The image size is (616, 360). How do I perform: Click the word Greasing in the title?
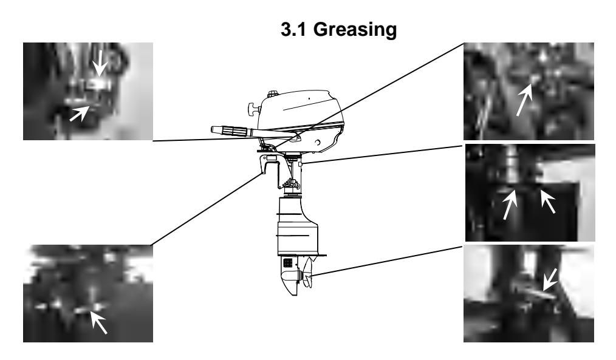(x=355, y=30)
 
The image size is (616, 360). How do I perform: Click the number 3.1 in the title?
(x=293, y=30)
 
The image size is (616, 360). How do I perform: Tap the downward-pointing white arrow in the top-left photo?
(x=100, y=63)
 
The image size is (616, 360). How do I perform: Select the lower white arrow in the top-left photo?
(x=80, y=113)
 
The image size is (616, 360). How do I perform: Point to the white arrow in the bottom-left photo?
(x=98, y=322)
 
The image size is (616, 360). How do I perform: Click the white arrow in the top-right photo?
(x=524, y=101)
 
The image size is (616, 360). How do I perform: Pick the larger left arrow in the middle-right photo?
(x=510, y=204)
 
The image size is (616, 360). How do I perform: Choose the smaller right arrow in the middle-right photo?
(x=548, y=202)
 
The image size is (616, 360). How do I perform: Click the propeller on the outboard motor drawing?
(x=307, y=273)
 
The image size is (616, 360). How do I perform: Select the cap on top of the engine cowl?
(x=272, y=94)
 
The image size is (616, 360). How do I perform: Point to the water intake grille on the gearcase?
(x=288, y=262)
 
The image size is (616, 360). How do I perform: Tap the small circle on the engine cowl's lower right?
(x=318, y=142)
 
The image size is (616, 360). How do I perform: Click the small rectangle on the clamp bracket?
(x=272, y=157)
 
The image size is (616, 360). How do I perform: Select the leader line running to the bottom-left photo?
(x=207, y=209)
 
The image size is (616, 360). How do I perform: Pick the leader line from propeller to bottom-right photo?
(x=388, y=260)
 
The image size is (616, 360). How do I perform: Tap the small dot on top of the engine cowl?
(x=309, y=98)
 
